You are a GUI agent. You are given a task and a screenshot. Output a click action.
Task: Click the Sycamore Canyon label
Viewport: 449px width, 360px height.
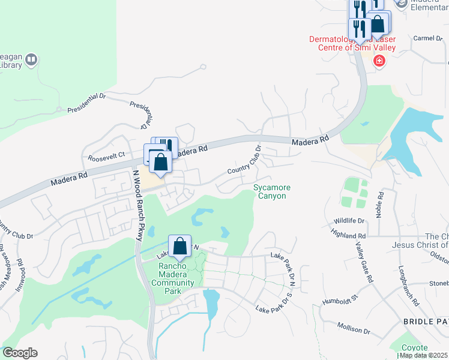271,191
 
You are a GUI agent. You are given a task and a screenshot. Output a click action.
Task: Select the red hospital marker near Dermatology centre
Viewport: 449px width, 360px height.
379,61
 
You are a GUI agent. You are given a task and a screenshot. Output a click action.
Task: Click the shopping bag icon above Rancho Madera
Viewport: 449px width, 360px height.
179,245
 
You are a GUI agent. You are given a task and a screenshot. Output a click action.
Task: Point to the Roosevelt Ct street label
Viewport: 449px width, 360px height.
106,156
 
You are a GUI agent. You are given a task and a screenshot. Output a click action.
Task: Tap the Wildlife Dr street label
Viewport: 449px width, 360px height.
349,221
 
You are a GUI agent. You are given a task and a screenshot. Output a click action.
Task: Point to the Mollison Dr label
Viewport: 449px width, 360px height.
354,328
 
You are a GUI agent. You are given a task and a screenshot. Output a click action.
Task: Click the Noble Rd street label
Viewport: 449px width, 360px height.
379,205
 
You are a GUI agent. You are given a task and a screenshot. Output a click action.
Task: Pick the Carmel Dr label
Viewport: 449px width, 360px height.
427,38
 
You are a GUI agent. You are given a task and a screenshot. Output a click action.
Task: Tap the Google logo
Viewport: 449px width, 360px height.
20,353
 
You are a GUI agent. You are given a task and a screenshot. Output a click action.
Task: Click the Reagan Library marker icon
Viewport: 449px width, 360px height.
31,60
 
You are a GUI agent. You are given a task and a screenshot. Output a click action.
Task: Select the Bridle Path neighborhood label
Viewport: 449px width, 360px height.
426,322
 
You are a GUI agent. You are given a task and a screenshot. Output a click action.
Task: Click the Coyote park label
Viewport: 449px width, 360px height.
414,348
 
